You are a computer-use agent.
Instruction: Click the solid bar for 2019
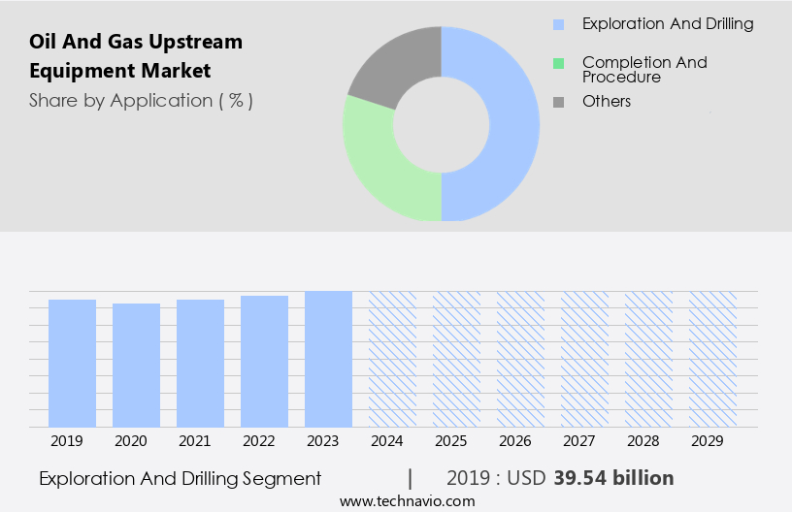[x=72, y=364]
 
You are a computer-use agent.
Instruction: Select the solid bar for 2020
[x=136, y=366]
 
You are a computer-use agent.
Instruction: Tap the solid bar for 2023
[x=328, y=359]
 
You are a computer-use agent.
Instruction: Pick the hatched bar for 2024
[x=392, y=359]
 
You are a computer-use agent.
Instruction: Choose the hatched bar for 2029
[x=712, y=359]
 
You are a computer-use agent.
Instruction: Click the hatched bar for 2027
[x=584, y=359]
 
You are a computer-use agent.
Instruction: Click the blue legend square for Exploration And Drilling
[x=558, y=24]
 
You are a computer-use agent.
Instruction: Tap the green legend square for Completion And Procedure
[x=558, y=64]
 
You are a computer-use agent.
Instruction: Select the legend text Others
[x=607, y=102]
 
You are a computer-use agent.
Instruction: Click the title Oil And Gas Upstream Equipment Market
[x=136, y=56]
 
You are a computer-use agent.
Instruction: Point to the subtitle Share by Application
[x=141, y=100]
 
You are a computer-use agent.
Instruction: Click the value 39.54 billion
[x=613, y=478]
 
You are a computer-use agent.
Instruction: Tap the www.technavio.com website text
[x=408, y=501]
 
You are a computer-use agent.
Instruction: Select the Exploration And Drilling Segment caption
[x=180, y=478]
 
